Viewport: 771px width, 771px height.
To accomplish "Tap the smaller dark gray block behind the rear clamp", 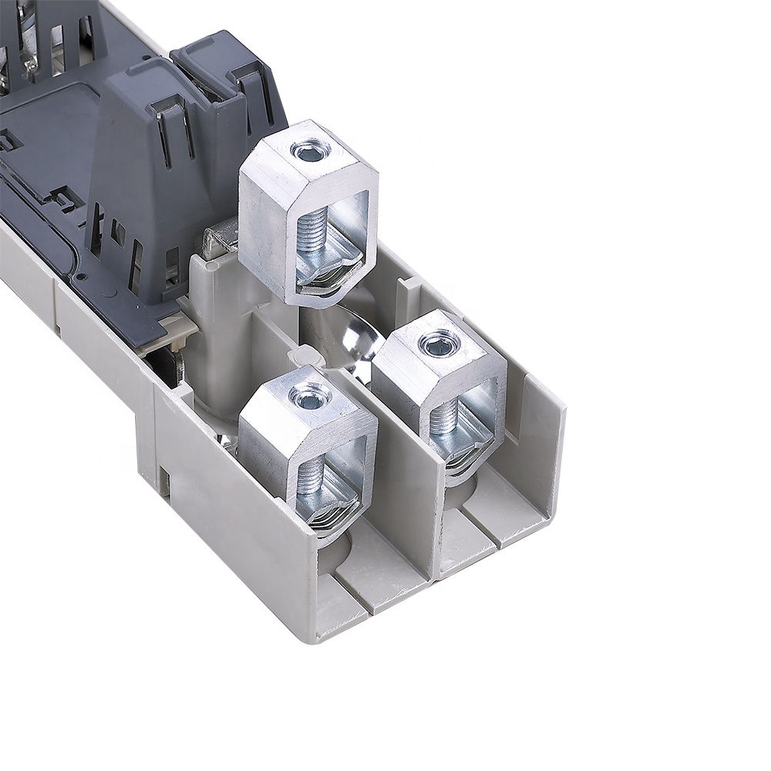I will pos(224,77).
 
